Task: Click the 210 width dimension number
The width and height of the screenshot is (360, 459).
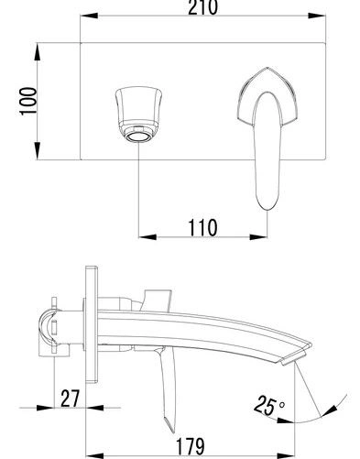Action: tap(202, 6)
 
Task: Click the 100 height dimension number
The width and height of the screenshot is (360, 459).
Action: tap(28, 101)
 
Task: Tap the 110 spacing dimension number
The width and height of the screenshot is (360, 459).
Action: tap(202, 227)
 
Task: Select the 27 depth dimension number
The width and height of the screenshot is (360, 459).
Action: tap(70, 399)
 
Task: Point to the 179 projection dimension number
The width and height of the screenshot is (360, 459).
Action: tap(190, 446)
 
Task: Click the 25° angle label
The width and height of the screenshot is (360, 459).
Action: tap(269, 405)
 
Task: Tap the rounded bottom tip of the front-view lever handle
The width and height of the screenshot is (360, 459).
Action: tap(267, 209)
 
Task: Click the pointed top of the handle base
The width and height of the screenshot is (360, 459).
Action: tap(267, 68)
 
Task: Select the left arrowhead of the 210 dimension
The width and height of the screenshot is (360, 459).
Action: tap(89, 16)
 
